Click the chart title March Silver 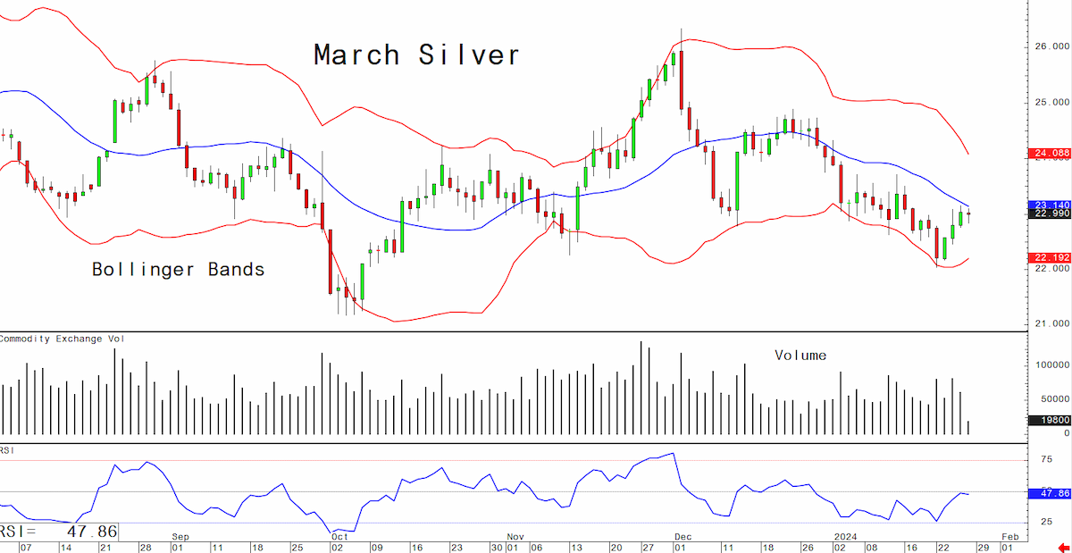tap(417, 54)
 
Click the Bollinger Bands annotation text tap(179, 270)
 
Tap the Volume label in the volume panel tap(800, 356)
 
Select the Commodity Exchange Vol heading tap(62, 339)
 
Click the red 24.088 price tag tap(1051, 153)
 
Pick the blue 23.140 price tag tap(1051, 205)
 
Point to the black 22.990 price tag tap(1051, 214)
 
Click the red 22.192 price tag tap(1051, 257)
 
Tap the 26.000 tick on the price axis tap(1052, 46)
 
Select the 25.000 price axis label tap(1052, 103)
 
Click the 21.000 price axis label tap(1052, 323)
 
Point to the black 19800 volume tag tap(1051, 420)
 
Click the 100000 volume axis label tap(1052, 364)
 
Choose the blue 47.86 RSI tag tap(1051, 493)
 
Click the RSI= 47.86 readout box tap(59, 532)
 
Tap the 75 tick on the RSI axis tap(1047, 459)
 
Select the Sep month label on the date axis tap(180, 537)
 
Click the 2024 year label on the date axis tap(846, 537)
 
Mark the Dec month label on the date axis tap(683, 537)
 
